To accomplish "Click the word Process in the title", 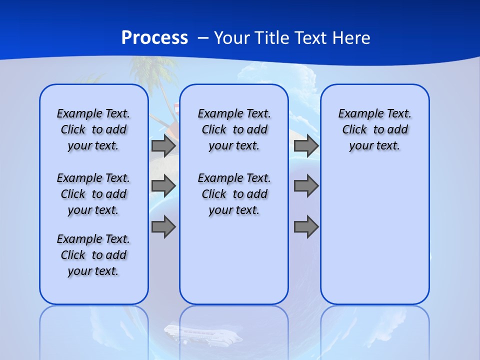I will [154, 38].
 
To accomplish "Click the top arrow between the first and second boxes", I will [163, 145].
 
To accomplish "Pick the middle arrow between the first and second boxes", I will [163, 186].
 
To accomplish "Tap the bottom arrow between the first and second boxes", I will [163, 226].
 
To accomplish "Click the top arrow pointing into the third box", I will [306, 145].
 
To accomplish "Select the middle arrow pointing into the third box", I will [306, 186].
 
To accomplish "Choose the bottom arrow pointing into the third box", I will [306, 226].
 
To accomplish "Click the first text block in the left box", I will [93, 129].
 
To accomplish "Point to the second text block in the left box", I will [93, 194].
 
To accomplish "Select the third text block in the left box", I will [93, 255].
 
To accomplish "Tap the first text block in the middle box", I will [234, 129].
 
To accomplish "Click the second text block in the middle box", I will [234, 194].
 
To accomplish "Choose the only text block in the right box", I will [374, 129].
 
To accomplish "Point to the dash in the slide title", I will [203, 38].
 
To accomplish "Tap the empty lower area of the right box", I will [374, 240].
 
